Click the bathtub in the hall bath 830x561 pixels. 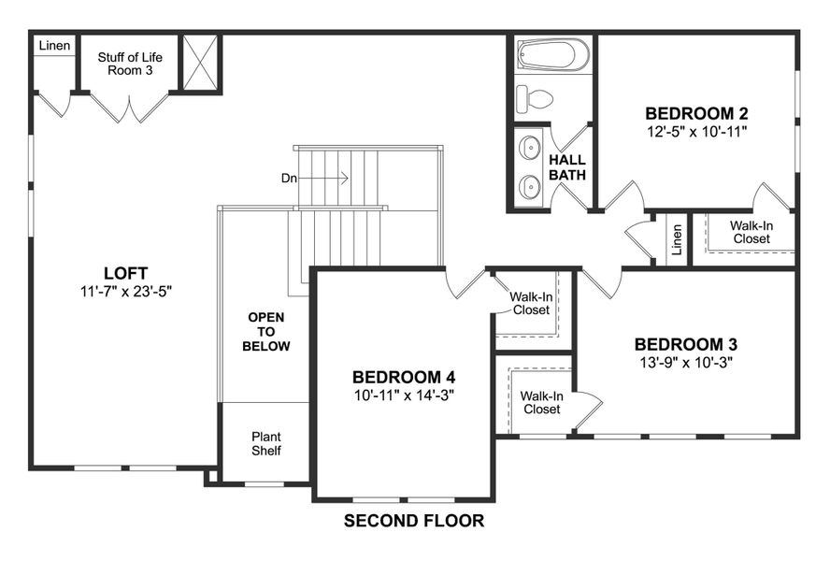(553, 54)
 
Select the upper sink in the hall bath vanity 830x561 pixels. (530, 148)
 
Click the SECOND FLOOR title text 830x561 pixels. (414, 521)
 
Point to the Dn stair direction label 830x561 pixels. (290, 178)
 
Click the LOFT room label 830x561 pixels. (126, 273)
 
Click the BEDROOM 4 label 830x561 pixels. (404, 377)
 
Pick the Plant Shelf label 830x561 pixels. (266, 443)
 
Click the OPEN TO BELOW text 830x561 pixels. (266, 332)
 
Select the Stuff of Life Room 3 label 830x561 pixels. (130, 64)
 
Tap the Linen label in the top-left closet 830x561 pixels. (54, 46)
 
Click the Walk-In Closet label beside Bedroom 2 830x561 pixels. (751, 232)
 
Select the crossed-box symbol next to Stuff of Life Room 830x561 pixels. (199, 64)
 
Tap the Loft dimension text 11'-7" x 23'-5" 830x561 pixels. (126, 291)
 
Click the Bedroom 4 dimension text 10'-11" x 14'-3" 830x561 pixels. (404, 395)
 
